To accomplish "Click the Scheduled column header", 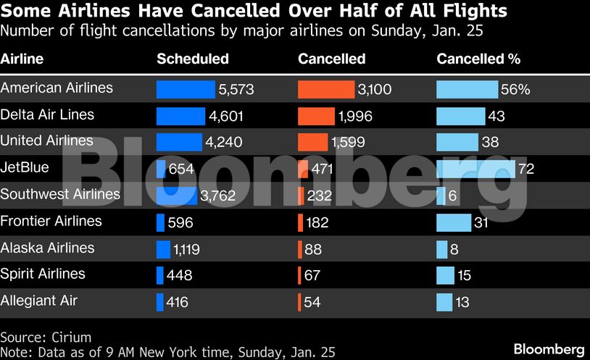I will pos(192,59).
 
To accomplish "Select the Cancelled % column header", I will pos(478,59).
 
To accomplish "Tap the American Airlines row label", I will pos(57,88).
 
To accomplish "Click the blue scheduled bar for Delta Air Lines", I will pos(181,116).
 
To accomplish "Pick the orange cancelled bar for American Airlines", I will pos(326,89).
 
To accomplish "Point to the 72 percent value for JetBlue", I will pos(526,169).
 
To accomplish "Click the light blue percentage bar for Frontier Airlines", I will pos(453,222).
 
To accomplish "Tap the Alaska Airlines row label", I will pos(48,248).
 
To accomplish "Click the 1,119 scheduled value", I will pos(186,249).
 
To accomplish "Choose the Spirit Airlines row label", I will pos(43,274).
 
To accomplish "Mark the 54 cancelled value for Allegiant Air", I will pos(312,302).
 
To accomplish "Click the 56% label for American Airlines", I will pos(515,90).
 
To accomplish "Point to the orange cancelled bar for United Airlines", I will pos(312,142).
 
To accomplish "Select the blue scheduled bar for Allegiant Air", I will pos(160,302).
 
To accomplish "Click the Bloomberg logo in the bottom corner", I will pos(549,349).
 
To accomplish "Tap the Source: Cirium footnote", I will pos(46,338).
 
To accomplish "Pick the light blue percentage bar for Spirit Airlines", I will pos(445,275).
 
